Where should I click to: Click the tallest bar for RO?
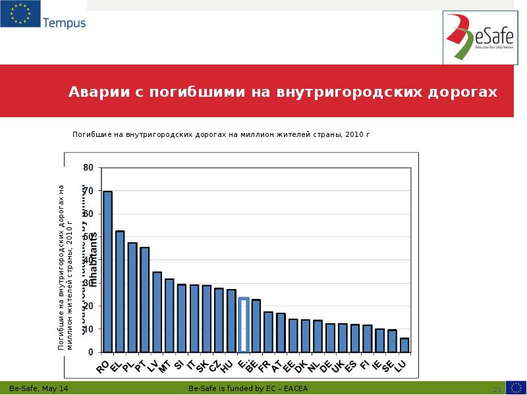(107, 271)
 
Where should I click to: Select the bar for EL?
(120, 291)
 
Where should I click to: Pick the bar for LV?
(157, 311)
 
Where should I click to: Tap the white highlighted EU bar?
(244, 325)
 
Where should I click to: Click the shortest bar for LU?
(404, 345)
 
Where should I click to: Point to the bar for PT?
(144, 300)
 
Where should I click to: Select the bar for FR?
(268, 332)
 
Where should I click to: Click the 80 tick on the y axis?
(88, 168)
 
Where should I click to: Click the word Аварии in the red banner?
(100, 92)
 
